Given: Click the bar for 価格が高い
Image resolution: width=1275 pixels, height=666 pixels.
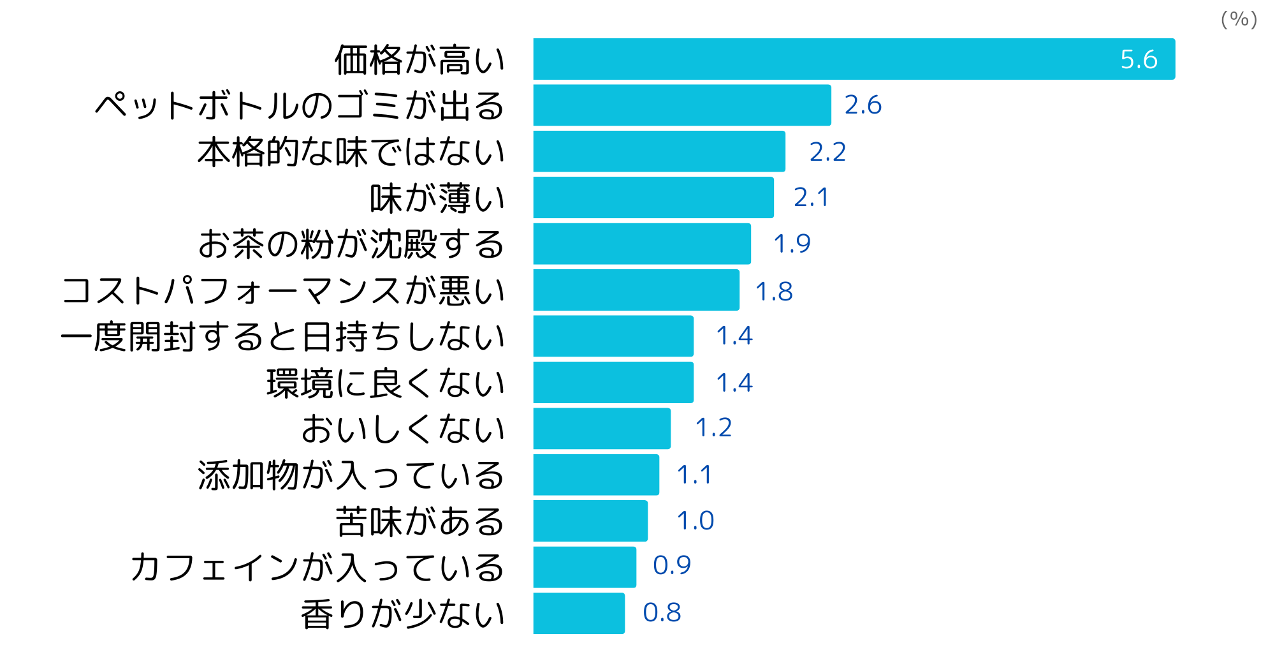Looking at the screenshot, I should point(854,59).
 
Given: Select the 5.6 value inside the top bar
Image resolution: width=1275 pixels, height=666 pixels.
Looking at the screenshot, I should point(1139,59).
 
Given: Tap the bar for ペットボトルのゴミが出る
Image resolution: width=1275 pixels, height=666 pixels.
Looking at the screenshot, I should point(682,105).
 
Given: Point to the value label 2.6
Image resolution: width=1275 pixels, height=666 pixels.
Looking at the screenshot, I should point(863,105).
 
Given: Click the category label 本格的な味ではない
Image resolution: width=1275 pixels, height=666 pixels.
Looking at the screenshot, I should point(351,152).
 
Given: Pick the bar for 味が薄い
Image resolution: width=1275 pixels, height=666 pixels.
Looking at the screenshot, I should point(653,198).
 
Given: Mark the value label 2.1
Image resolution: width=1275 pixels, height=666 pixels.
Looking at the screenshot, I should point(811,198).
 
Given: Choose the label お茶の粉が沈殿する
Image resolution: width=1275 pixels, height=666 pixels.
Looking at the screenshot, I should point(351,244).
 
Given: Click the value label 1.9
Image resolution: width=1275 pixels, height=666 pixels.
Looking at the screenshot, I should point(792,244).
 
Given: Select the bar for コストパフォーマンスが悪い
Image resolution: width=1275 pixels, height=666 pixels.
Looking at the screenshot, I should point(636,290).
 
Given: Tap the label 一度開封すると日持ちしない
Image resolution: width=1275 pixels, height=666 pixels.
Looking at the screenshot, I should point(283,337).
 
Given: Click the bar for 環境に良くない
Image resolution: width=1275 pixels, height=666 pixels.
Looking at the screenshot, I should point(613,383).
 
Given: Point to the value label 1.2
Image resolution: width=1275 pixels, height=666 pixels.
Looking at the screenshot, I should point(713,428).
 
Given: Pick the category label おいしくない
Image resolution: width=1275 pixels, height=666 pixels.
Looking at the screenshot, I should point(403,429).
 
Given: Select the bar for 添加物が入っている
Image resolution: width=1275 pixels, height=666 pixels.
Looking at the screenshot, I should point(596,475).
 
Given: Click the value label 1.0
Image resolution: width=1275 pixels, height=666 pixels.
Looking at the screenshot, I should point(695,521).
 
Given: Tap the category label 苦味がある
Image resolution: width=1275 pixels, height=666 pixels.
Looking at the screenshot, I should point(420,522).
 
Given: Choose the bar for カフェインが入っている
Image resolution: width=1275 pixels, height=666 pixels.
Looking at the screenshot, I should point(585,567).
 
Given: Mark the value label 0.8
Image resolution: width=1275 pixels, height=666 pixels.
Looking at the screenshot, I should point(662,613).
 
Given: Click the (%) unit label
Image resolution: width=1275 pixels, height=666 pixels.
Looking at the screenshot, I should point(1239,20).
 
